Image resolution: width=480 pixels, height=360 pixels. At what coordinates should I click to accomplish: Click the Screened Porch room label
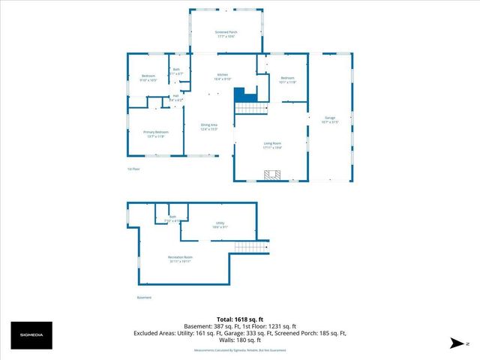[226, 33]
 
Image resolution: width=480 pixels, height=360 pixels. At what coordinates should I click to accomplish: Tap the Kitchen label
[223, 75]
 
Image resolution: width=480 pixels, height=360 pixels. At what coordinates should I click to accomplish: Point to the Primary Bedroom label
[155, 132]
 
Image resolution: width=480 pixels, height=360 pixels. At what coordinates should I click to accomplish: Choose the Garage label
[330, 118]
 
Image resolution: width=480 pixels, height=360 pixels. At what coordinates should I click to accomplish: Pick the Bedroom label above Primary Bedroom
[148, 76]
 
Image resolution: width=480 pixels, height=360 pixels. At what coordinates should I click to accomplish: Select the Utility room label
[220, 223]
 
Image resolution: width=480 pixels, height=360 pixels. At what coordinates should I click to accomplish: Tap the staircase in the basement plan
[251, 247]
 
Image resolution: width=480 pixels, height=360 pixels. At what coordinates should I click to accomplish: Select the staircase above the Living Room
[252, 109]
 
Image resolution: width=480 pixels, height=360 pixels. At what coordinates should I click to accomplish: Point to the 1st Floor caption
[135, 169]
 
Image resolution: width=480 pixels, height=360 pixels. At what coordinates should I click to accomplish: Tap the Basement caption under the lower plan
[144, 297]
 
